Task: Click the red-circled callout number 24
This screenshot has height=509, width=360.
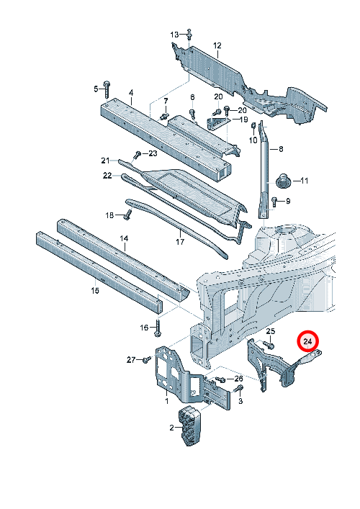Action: click(308, 341)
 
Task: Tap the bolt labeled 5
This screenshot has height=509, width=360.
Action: click(107, 89)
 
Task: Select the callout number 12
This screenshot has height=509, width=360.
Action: click(217, 45)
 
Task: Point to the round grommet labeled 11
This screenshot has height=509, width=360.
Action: click(283, 181)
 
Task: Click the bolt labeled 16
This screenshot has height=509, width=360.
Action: click(158, 328)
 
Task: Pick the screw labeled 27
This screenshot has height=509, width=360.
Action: click(147, 359)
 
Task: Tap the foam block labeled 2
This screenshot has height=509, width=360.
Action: click(189, 425)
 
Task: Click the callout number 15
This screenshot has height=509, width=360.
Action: click(95, 290)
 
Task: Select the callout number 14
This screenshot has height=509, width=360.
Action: click(124, 238)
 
